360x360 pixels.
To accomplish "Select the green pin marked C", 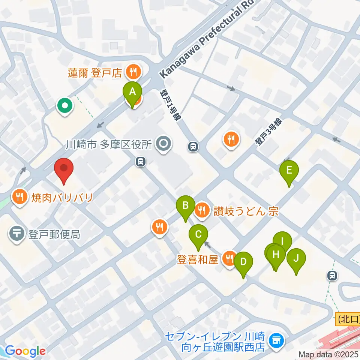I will click(198, 235).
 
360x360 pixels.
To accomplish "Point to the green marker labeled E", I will click(289, 171).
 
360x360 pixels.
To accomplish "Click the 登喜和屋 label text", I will click(197, 259).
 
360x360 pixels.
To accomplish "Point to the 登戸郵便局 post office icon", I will click(16, 235).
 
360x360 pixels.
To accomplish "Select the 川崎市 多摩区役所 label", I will click(108, 144).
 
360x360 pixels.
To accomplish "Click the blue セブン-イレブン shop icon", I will click(277, 340).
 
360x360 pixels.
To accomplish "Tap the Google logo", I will click(25, 351).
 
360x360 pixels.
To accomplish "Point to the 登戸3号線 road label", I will click(268, 132).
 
